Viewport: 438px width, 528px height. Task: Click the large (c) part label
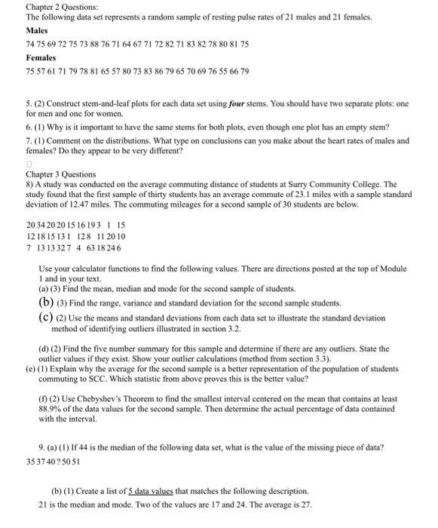click(x=44, y=317)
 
